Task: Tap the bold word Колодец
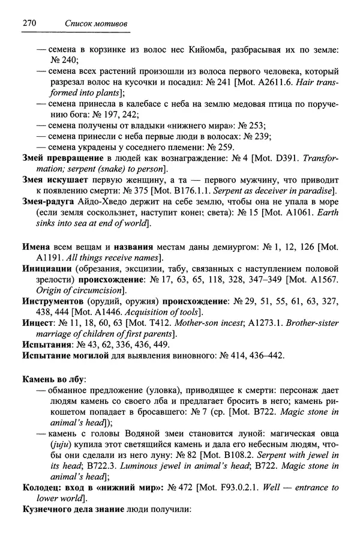click(x=43, y=488)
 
